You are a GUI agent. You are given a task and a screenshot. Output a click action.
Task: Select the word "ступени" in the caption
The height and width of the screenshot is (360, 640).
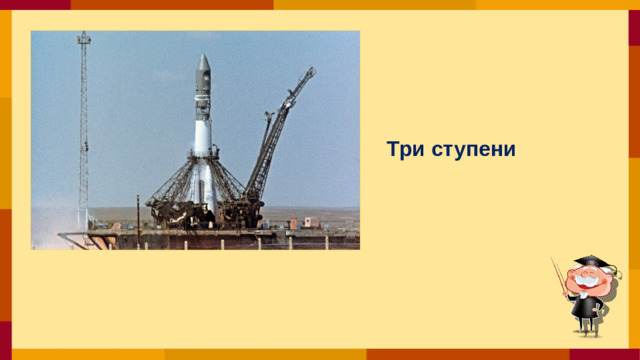[x=475, y=151]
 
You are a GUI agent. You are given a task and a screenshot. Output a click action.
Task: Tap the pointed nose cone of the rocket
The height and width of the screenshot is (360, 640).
[x=204, y=62]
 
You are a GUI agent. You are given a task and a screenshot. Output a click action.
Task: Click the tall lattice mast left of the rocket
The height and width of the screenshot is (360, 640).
[x=84, y=130]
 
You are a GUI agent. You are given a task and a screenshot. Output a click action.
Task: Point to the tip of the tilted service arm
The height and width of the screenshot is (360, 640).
[x=311, y=71]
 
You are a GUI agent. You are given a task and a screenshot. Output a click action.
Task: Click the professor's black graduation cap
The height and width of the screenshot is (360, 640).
[x=591, y=263]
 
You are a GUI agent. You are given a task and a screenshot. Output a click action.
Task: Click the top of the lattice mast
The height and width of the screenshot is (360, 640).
[x=84, y=36]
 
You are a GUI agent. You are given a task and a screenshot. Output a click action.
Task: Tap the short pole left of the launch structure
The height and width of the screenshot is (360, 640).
[x=137, y=210]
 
